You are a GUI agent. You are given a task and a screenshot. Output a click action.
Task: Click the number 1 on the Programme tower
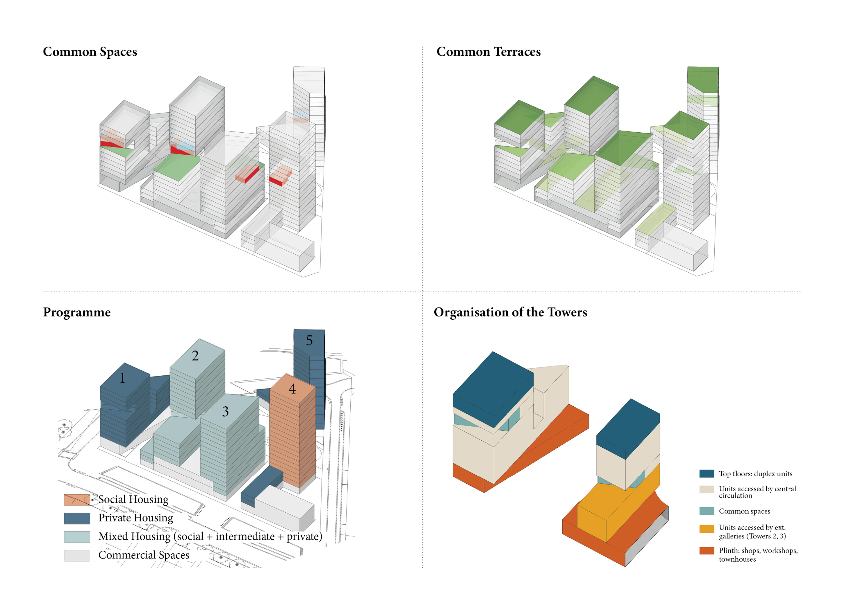[122, 378]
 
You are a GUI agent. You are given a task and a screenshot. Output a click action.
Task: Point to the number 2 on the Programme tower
[195, 356]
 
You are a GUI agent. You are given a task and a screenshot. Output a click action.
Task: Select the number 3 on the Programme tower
[225, 411]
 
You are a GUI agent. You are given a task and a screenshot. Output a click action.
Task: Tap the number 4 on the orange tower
[292, 389]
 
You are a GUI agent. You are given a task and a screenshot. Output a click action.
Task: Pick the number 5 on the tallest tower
[309, 340]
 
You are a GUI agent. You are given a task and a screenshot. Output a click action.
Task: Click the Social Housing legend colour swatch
[77, 500]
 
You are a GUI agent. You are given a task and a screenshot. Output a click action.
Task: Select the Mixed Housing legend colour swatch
[77, 537]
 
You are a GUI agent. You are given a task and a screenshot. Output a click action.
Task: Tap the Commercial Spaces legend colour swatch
[77, 555]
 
